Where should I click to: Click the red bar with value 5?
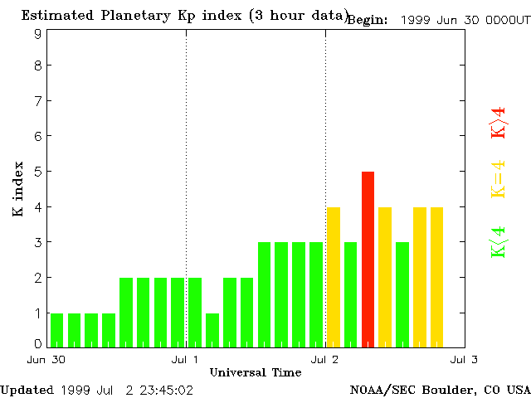(x=368, y=259)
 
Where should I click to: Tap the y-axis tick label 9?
(x=38, y=34)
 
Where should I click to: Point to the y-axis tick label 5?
(x=38, y=172)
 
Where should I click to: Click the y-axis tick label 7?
(x=38, y=101)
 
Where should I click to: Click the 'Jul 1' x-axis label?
(x=184, y=359)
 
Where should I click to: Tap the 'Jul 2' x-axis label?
(x=324, y=359)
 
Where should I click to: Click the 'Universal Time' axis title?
(x=255, y=372)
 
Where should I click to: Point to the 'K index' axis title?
(x=18, y=189)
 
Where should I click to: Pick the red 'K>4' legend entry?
(x=499, y=122)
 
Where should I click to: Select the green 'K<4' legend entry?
(x=499, y=242)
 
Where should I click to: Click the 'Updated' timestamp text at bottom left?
(x=97, y=390)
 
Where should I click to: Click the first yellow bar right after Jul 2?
(x=334, y=276)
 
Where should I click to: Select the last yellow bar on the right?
(x=436, y=276)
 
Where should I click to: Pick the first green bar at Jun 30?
(x=56, y=329)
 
